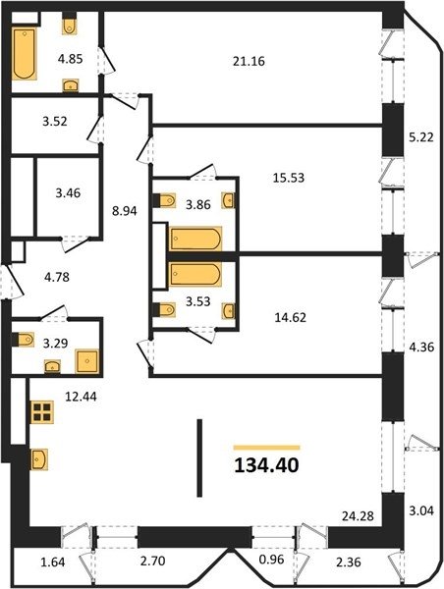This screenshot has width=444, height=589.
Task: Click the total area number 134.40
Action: tap(266, 465)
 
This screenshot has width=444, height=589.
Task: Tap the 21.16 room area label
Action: tap(249, 61)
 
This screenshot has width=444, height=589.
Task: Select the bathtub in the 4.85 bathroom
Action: tap(25, 53)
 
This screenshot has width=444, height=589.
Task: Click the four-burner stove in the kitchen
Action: tap(42, 412)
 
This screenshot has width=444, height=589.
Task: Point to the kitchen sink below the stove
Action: tap(39, 459)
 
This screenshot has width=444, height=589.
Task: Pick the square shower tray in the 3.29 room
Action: tap(87, 361)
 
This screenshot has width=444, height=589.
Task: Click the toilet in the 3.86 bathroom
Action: tap(165, 200)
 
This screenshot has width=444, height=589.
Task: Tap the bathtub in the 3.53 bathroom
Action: tap(195, 274)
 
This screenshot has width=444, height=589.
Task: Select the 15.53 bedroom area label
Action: tap(289, 178)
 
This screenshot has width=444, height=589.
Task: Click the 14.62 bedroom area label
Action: tap(290, 318)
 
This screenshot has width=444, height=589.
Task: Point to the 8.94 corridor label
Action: tap(125, 211)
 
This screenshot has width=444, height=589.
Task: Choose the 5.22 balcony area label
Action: tap(421, 137)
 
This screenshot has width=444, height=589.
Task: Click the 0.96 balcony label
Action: tap(271, 560)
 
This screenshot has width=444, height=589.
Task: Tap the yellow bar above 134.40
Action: tap(266, 448)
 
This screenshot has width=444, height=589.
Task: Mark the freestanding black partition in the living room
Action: tap(199, 457)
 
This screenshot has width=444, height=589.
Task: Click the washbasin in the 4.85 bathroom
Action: tap(71, 85)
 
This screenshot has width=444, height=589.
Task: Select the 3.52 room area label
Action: tap(55, 122)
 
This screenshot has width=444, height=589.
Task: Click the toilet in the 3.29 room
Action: tap(23, 340)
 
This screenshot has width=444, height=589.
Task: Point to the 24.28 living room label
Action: tap(358, 515)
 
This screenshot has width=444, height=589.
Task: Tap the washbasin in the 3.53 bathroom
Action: tap(229, 310)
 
